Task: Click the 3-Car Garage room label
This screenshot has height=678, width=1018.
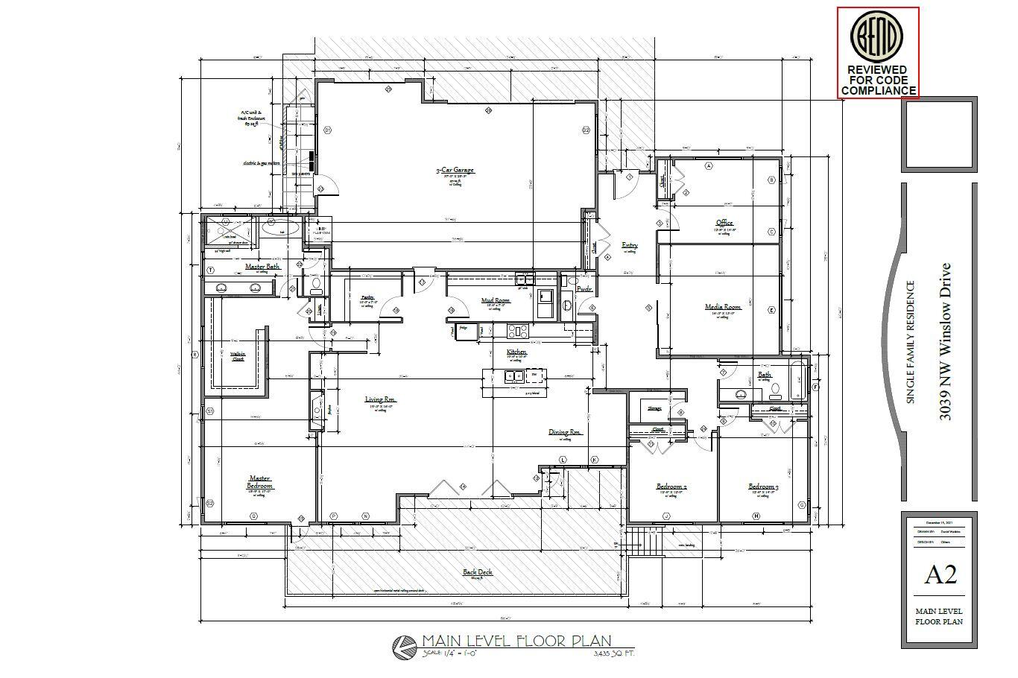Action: point(455,171)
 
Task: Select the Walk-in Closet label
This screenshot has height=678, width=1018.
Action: point(238,357)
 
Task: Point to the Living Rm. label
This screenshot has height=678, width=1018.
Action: point(381,400)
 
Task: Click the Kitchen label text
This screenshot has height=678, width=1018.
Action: point(516,352)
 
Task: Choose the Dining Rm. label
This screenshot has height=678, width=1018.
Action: point(564,432)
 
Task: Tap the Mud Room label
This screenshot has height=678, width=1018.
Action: point(496,301)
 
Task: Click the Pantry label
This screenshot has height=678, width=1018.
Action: point(367,297)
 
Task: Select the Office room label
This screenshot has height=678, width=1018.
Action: point(724,223)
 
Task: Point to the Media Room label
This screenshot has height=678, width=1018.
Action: point(723,307)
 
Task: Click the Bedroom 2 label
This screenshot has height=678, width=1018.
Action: point(671,487)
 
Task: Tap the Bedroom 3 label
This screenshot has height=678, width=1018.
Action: point(763,487)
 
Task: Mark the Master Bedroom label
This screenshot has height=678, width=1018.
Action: point(260,483)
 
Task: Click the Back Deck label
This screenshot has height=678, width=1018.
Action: point(477,573)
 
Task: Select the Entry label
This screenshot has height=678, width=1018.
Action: point(630,245)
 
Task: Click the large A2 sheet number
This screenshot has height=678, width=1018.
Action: point(940,574)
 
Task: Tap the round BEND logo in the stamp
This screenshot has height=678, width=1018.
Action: point(877,37)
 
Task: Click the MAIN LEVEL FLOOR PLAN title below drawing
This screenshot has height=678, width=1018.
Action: point(516,641)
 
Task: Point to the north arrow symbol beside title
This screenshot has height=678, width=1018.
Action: point(405,646)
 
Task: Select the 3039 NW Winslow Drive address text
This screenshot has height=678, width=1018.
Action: point(945,341)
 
